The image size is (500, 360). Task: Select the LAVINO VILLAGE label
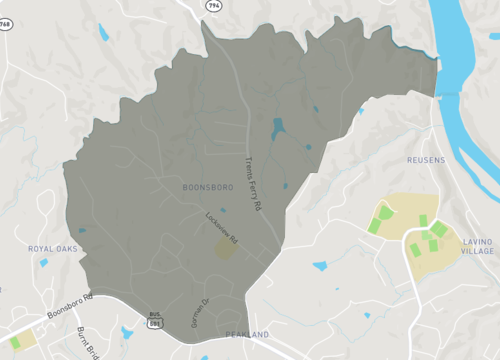click(478, 247)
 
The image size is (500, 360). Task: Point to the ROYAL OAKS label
click(54, 248)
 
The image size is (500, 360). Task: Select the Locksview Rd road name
click(221, 229)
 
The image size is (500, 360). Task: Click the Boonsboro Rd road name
click(74, 304)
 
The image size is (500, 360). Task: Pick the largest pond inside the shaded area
click(277, 127)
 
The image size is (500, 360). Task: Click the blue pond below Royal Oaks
click(43, 263)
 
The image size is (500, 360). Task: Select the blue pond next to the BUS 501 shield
click(126, 332)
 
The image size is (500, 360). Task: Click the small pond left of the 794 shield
click(103, 33)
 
